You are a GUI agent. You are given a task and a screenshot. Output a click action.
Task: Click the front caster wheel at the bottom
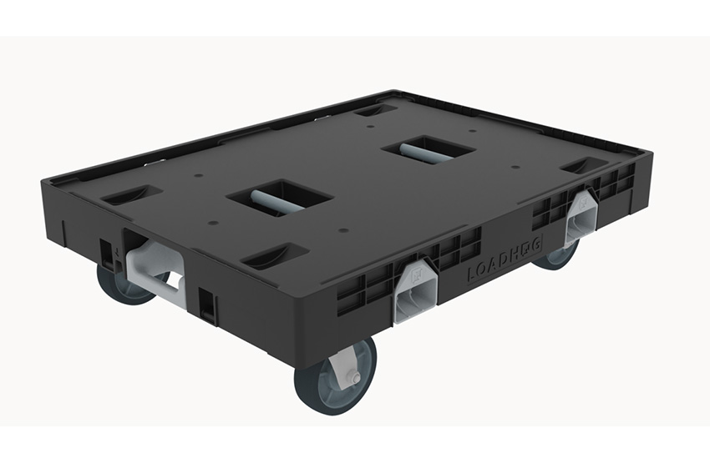tap(335, 377)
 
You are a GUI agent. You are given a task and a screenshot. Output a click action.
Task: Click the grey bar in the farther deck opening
tap(427, 150)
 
